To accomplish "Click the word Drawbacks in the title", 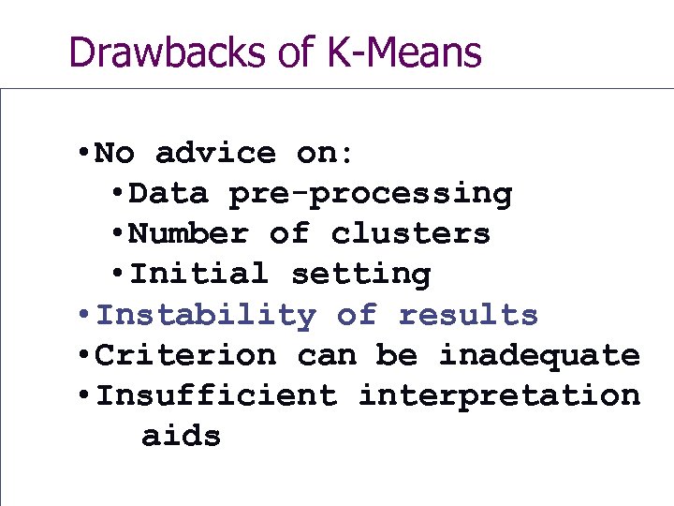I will tap(169, 52).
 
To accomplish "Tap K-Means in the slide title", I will tap(404, 52).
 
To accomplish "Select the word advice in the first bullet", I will tap(215, 153).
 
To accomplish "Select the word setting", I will tap(360, 275).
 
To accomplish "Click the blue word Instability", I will tap(206, 316).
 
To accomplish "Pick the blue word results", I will tap(468, 316).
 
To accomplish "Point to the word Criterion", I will tap(186, 356).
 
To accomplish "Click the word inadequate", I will tap(539, 356).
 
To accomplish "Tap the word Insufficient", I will tap(216, 396).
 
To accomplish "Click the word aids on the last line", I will tap(181, 437).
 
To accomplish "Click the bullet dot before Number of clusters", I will tap(117, 234).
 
